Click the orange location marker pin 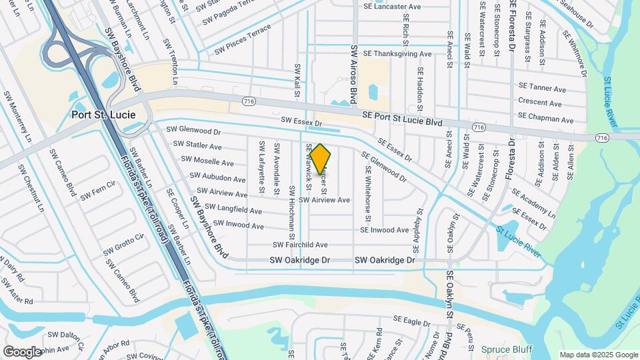click(x=320, y=160)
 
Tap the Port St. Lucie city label click(x=103, y=115)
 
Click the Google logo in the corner click(x=23, y=351)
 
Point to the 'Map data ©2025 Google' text click(x=598, y=355)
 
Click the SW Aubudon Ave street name click(x=217, y=178)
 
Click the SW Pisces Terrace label click(x=243, y=41)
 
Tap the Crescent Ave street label click(x=540, y=103)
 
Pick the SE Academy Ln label click(x=533, y=202)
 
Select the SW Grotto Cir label click(x=125, y=245)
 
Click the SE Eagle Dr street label click(x=412, y=321)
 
